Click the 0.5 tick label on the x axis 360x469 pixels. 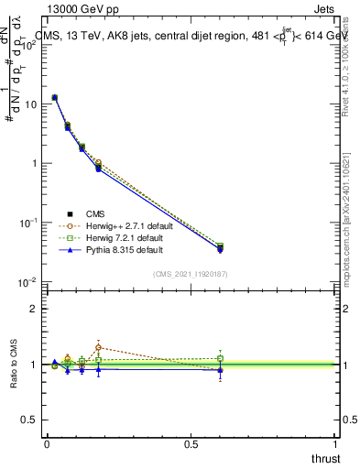[191, 444]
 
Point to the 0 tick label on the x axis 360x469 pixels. [47, 444]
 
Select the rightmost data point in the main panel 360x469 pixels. [220, 247]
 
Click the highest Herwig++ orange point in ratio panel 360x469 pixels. [98, 347]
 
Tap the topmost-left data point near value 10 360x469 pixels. [54, 97]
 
